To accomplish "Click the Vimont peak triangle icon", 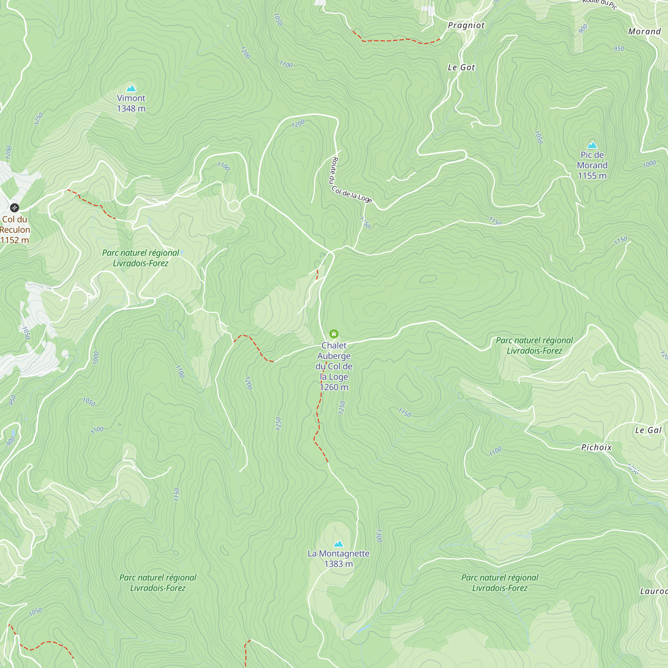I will tap(131, 88).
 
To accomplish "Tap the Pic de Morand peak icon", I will tap(592, 145).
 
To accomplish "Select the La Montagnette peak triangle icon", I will tap(338, 544).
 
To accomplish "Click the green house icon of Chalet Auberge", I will tap(334, 334).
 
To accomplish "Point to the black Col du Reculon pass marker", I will tap(14, 207).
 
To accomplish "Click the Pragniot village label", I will tap(466, 25).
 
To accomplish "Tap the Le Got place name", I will tap(461, 67).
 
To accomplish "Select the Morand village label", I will tap(644, 31).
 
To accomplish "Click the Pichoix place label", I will tap(597, 448).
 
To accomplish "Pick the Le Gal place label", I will tap(648, 430).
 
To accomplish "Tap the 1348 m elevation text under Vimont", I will tap(131, 109).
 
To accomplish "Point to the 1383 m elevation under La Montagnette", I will tap(338, 564).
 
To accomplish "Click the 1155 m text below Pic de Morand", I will tap(592, 176).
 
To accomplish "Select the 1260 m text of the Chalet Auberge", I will tap(334, 387).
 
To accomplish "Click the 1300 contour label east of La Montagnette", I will tap(379, 536).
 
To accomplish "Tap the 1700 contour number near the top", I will tap(286, 64).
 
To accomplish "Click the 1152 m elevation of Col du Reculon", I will tap(14, 240).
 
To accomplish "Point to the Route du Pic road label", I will tap(599, 3).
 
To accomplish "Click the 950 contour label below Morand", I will tap(619, 49).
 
